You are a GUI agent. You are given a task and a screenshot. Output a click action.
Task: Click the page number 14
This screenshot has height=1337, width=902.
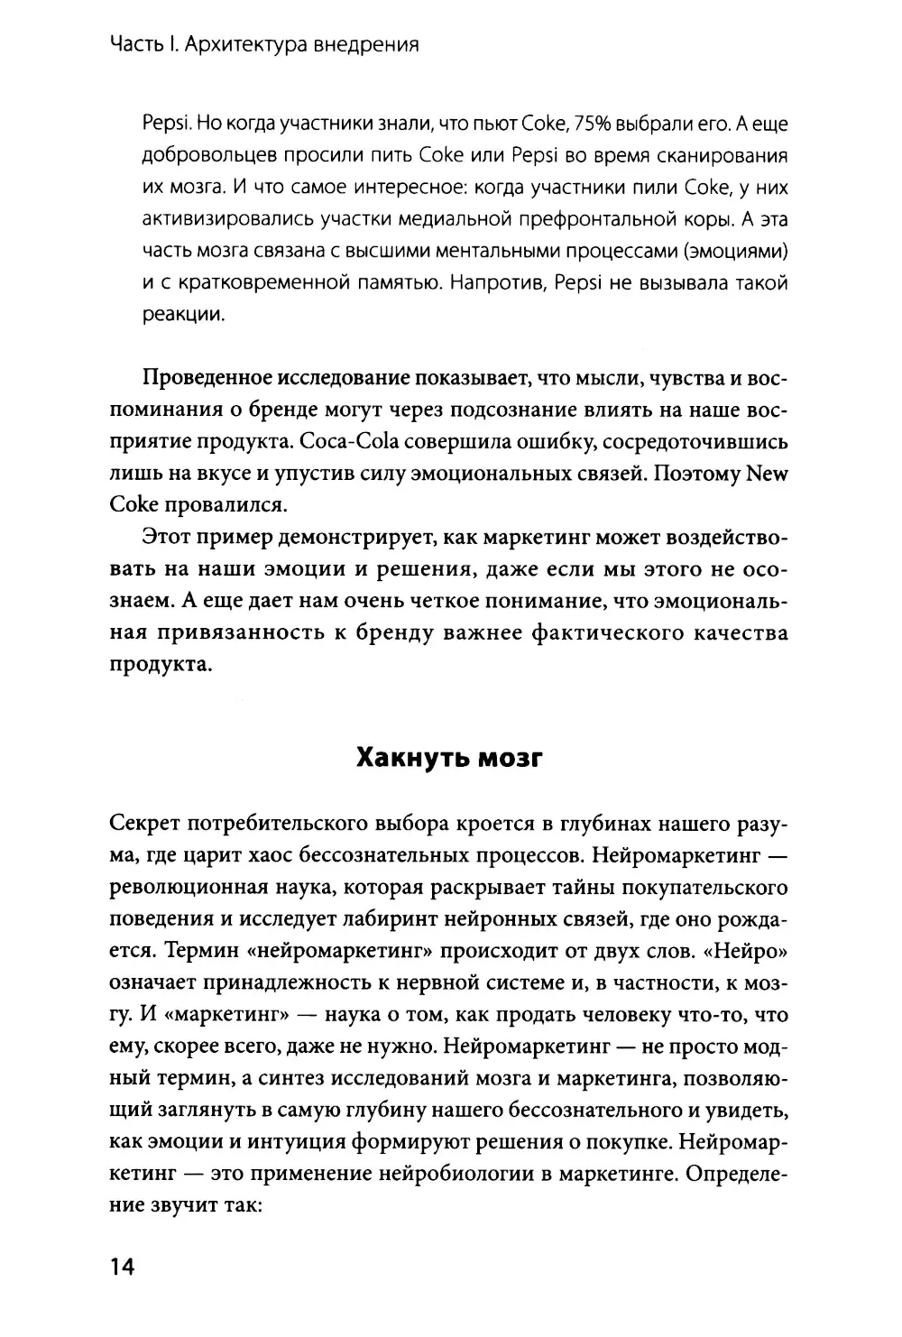(121, 1268)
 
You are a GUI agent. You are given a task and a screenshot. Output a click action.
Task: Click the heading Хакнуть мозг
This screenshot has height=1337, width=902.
(449, 757)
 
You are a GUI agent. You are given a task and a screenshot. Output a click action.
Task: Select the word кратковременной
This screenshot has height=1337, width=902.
(257, 284)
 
